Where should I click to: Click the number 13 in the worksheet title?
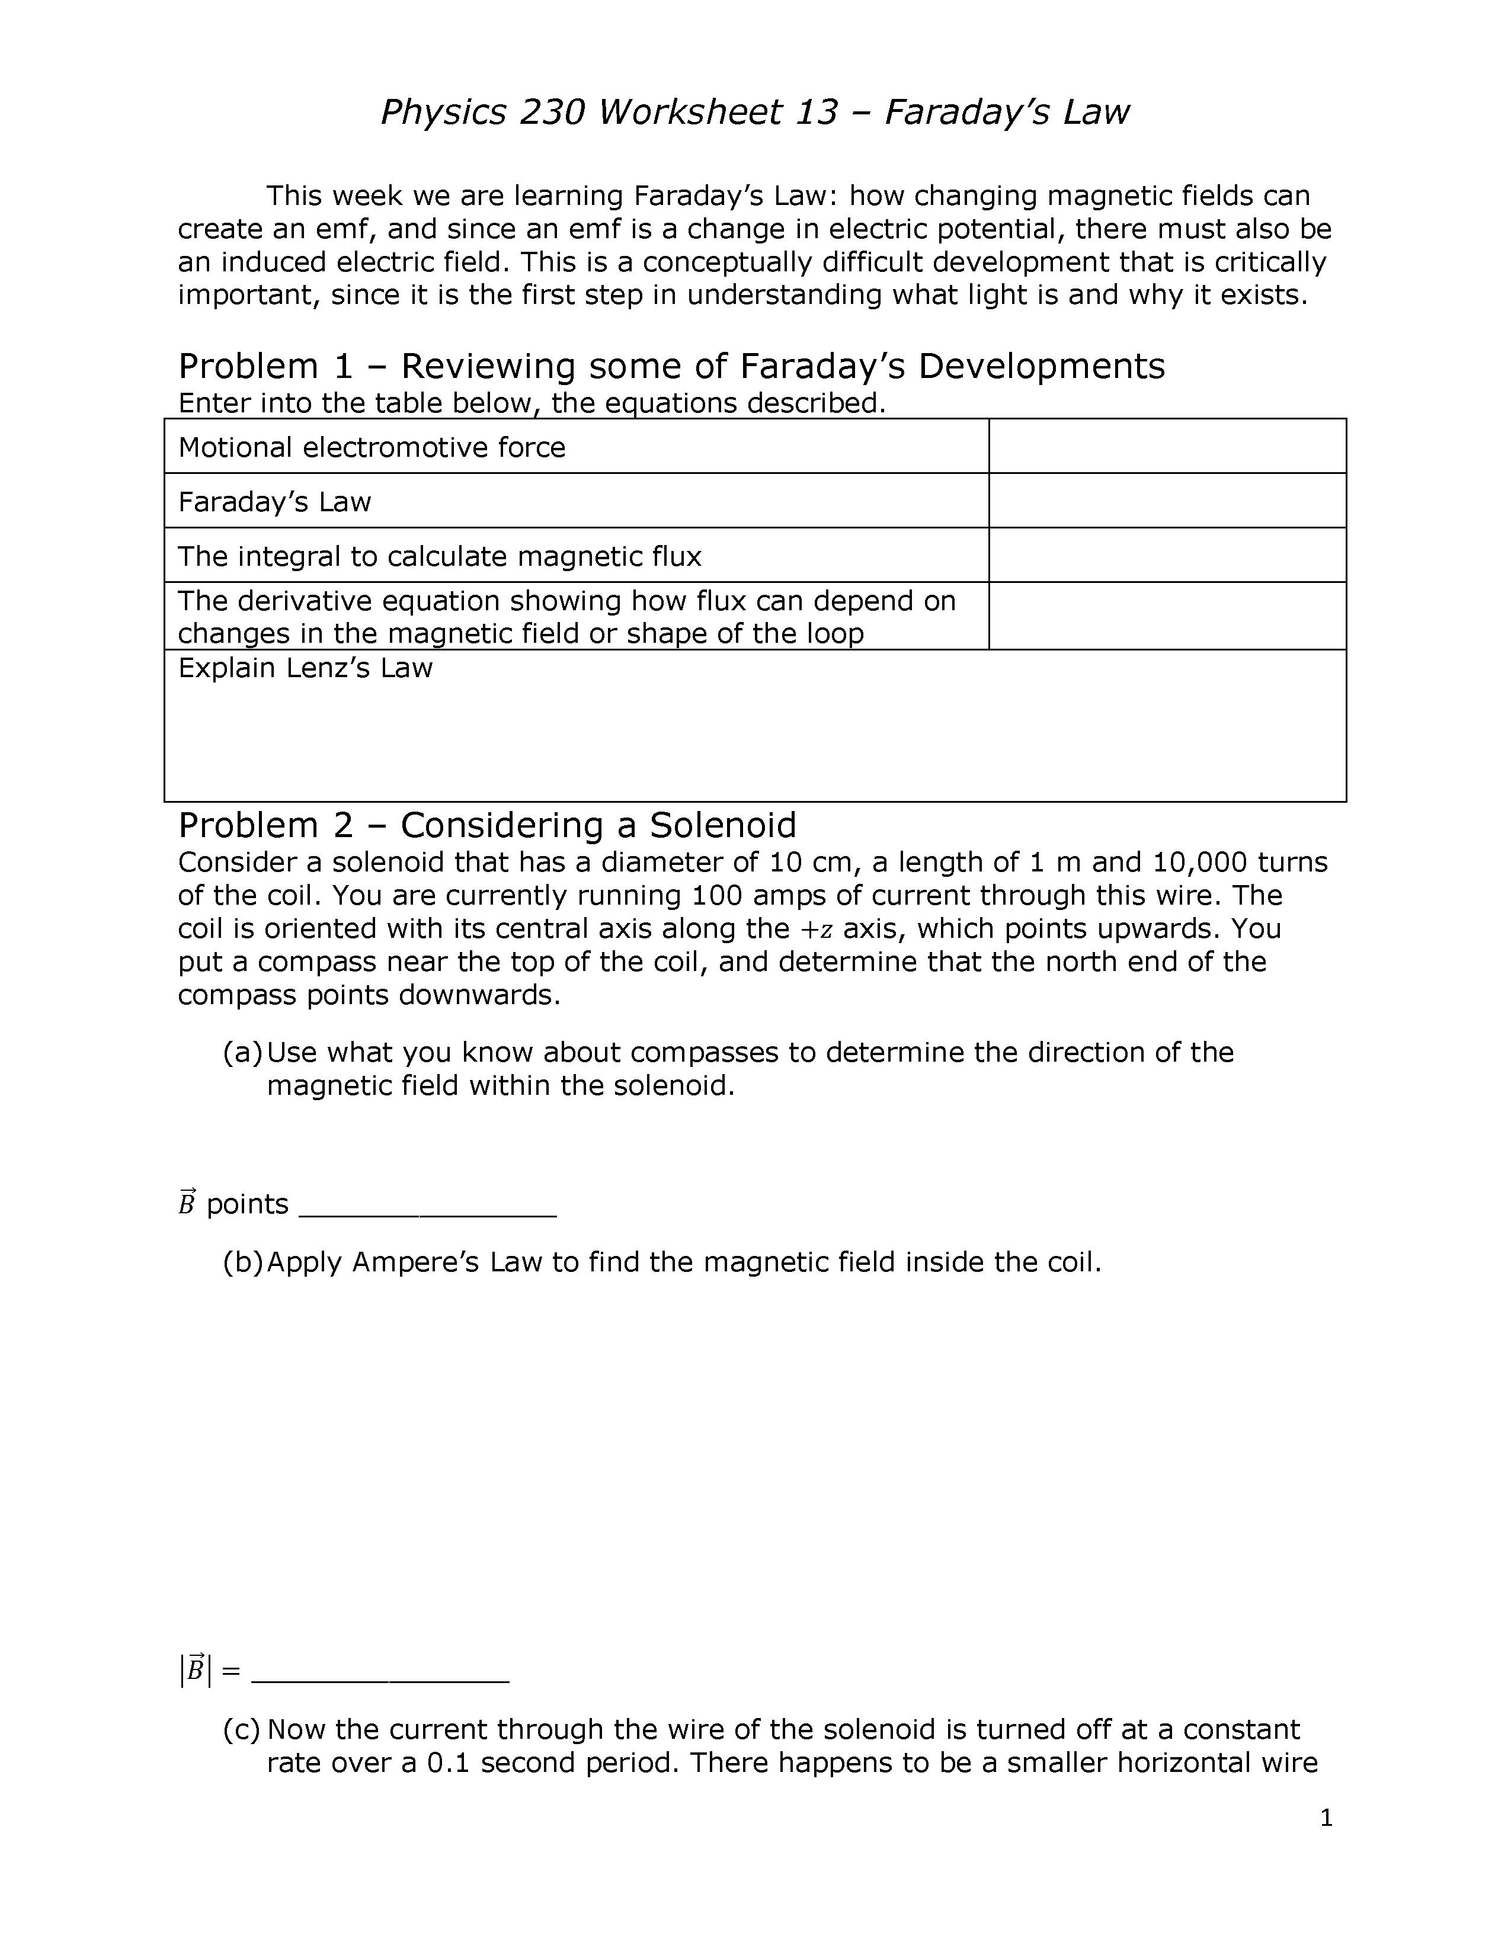[815, 113]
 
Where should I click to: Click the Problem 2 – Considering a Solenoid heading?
[487, 825]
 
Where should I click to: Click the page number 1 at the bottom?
[1326, 1818]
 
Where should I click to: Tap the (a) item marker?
[242, 1052]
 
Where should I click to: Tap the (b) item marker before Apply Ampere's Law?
[242, 1262]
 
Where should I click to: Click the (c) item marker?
[242, 1729]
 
